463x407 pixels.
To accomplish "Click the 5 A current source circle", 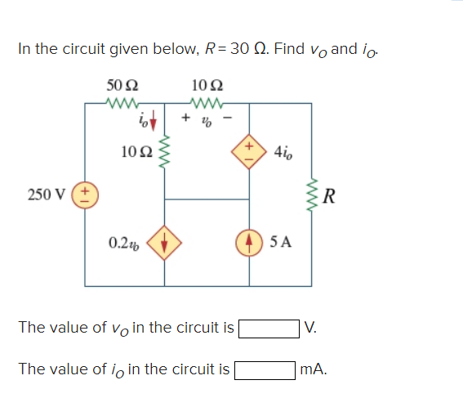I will (x=248, y=242).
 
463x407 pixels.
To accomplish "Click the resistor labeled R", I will (x=311, y=196).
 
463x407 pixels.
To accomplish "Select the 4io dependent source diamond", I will (x=248, y=151).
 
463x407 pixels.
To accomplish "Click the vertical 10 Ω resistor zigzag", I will (x=167, y=151).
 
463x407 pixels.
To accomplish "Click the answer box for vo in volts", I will (x=267, y=329).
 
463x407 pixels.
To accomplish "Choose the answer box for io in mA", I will (x=265, y=369).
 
